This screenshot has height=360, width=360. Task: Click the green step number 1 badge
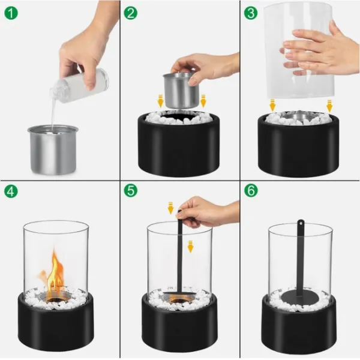[11, 11]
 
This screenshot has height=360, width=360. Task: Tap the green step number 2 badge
[131, 11]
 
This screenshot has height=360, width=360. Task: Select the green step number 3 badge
[251, 11]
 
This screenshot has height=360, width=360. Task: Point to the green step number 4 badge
[11, 192]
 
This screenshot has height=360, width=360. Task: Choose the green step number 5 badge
[131, 192]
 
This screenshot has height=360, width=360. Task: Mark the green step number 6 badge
[251, 192]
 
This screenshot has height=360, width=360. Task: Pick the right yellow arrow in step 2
[203, 101]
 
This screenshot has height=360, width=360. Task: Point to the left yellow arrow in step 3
[272, 106]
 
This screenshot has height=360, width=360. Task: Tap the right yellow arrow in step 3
[329, 106]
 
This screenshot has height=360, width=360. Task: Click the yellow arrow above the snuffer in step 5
[170, 208]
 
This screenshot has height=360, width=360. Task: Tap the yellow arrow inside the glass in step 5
[190, 246]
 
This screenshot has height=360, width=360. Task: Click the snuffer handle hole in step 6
[299, 224]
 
